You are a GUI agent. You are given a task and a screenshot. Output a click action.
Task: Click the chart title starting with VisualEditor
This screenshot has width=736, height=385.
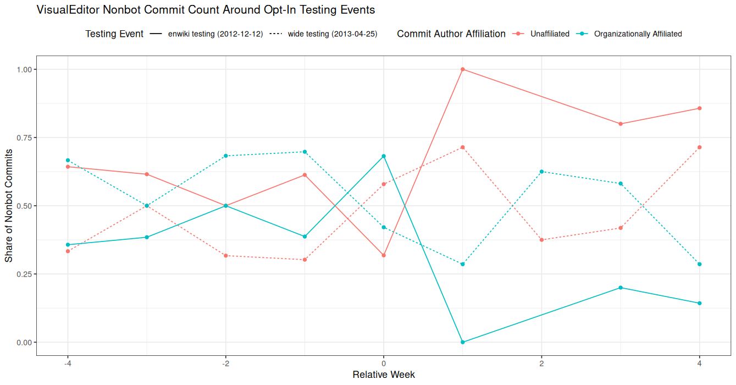(x=205, y=10)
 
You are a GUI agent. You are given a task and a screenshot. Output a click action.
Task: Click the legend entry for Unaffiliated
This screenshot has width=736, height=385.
(x=549, y=34)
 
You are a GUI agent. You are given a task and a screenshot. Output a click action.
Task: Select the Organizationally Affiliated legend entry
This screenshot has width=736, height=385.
(x=638, y=34)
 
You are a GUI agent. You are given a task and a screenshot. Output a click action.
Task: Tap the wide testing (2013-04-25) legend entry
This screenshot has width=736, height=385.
(x=332, y=34)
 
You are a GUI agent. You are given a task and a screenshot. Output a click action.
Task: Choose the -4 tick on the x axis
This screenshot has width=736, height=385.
(x=68, y=364)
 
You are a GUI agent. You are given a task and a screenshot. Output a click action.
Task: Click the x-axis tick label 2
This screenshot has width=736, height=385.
(x=541, y=364)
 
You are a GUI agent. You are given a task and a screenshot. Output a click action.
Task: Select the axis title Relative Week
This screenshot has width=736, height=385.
(x=384, y=375)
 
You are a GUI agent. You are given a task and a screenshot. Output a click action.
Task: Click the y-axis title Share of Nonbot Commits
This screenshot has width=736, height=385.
(x=9, y=206)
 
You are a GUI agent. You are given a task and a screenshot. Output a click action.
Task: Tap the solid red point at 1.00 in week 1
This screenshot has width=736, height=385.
(x=463, y=69)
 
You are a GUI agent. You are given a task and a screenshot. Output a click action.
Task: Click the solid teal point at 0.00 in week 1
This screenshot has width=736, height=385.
(x=463, y=342)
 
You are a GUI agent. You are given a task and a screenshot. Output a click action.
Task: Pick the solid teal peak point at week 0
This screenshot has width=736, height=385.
(x=384, y=156)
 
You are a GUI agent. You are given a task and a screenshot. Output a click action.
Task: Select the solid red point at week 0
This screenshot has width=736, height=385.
(x=384, y=255)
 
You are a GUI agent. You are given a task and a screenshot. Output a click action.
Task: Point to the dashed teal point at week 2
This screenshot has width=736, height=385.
(x=541, y=172)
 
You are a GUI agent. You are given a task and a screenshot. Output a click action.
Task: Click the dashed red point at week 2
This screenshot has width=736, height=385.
(x=541, y=240)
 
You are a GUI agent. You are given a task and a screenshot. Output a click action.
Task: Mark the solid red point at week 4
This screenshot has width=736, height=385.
(x=699, y=108)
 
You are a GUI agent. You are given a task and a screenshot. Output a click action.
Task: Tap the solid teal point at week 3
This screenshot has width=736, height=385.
(x=621, y=288)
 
